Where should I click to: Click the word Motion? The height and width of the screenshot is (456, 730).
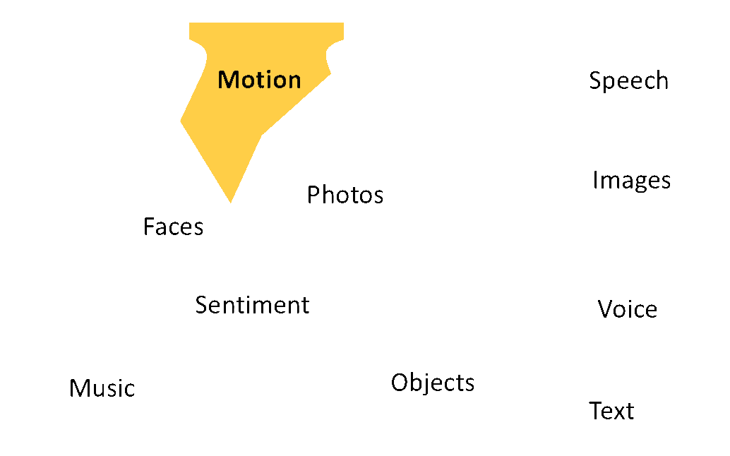click(x=259, y=80)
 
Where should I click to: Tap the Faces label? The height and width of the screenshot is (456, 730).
click(x=173, y=227)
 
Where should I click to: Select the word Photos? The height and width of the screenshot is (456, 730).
click(x=345, y=194)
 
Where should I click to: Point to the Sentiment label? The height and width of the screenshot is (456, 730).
click(x=252, y=305)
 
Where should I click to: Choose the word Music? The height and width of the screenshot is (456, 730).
click(x=102, y=388)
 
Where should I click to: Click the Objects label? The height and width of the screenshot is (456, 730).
click(x=433, y=382)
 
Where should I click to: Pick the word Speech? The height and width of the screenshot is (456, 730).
click(x=628, y=80)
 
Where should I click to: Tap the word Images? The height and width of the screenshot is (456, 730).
click(x=631, y=181)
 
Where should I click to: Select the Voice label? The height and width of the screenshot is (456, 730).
click(x=627, y=309)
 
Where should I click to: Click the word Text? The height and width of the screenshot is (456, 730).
click(x=611, y=410)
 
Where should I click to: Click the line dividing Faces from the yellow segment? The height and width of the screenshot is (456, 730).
click(x=204, y=165)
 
